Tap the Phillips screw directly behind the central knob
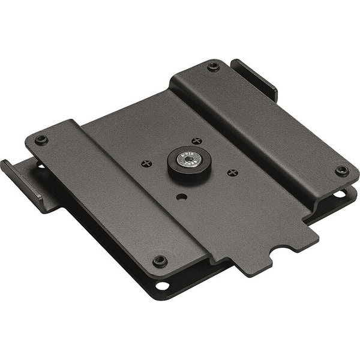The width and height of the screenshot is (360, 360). click(x=196, y=141)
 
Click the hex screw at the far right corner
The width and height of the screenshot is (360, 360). click(x=341, y=170)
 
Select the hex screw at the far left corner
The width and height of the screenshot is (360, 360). click(x=41, y=139)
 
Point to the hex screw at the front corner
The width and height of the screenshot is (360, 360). click(x=160, y=260)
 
